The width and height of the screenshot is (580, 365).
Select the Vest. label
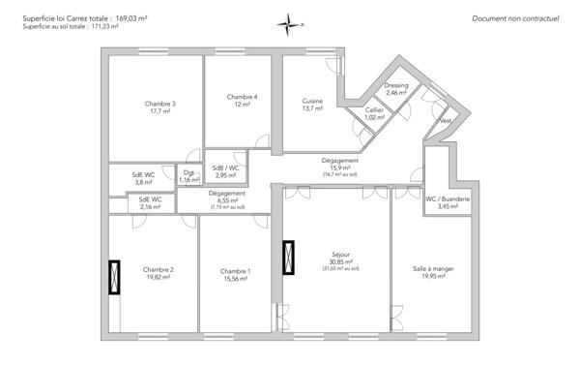445,121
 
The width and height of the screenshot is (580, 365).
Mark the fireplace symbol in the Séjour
288,258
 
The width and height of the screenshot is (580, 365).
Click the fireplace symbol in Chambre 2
116,277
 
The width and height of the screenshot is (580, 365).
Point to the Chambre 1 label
235,274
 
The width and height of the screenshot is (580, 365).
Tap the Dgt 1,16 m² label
189,176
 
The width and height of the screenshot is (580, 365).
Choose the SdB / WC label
225,167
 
